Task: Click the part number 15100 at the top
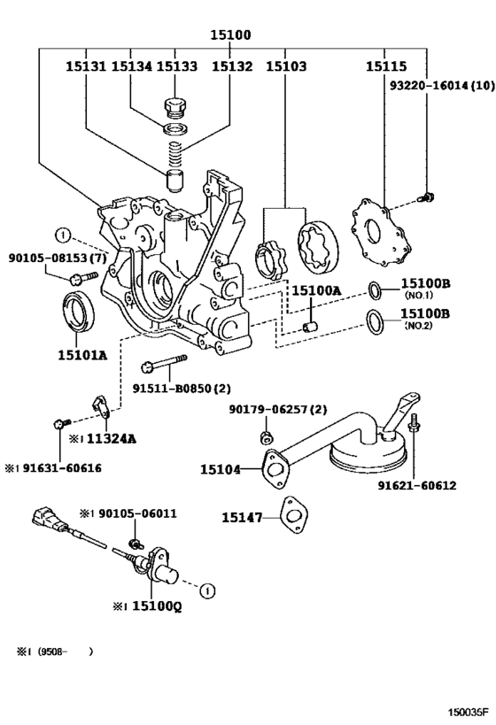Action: (230, 36)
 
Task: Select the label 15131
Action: (85, 66)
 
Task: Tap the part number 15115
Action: (386, 66)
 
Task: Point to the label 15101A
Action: (82, 356)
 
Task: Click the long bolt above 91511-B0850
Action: (163, 363)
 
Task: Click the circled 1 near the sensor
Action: (205, 590)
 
